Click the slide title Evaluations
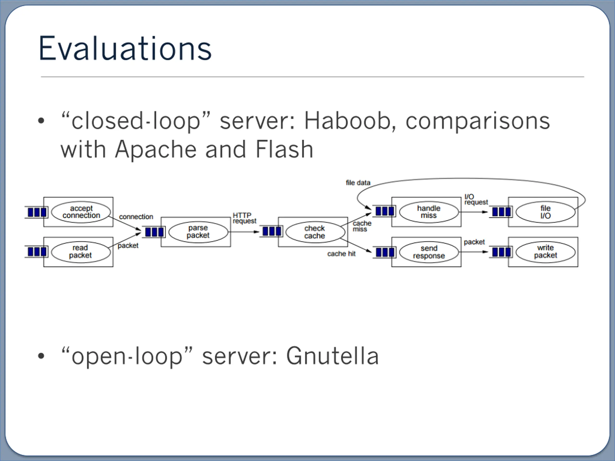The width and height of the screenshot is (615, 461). coord(125,48)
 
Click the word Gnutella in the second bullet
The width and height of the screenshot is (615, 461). coord(332,356)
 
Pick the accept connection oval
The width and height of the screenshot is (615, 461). coord(81,212)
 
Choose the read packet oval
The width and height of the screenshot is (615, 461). coord(81,252)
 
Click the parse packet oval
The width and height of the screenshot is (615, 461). coord(198,232)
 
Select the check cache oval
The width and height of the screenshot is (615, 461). coord(315,232)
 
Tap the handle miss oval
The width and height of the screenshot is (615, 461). coord(429,212)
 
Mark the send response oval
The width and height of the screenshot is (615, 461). coord(429,252)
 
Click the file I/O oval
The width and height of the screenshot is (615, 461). coord(546,212)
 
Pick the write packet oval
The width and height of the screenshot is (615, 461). coord(546,252)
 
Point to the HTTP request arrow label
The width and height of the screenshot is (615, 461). coord(244,218)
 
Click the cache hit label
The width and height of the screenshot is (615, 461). coord(341,254)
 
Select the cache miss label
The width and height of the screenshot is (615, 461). coord(362,226)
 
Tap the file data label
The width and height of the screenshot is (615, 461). coord(358,182)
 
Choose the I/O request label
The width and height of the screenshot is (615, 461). coord(476,200)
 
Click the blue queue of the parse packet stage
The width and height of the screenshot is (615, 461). coord(154,232)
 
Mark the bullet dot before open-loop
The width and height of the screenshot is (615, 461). coord(41,356)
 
